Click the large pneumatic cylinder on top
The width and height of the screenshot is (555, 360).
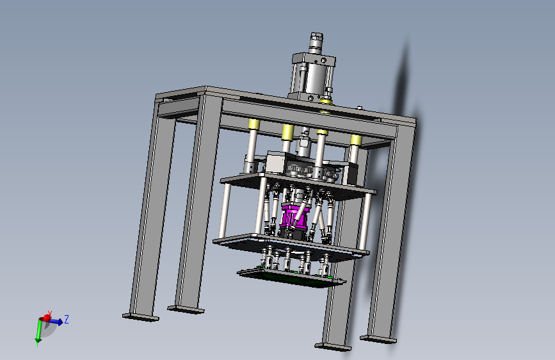(312, 76)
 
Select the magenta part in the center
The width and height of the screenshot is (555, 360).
(295, 216)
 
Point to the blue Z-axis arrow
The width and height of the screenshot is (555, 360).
(56, 322)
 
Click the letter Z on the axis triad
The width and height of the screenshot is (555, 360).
(66, 319)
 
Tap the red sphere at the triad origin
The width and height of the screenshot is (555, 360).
(47, 318)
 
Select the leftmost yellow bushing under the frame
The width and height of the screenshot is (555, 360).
(253, 124)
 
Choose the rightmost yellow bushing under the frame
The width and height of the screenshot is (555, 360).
(356, 140)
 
